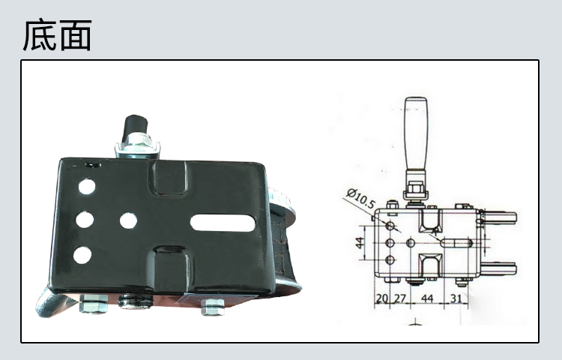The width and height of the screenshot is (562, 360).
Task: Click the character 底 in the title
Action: pyautogui.click(x=40, y=34)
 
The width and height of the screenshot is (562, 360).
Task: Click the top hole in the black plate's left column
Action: pyautogui.click(x=87, y=187)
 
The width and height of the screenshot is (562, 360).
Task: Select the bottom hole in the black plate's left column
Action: pyautogui.click(x=82, y=255)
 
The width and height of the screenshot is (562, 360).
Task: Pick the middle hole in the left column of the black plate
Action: pyautogui.click(x=85, y=220)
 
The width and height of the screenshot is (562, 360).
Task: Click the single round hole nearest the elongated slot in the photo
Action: pyautogui.click(x=128, y=221)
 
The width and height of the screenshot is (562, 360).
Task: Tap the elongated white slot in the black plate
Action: pyautogui.click(x=223, y=223)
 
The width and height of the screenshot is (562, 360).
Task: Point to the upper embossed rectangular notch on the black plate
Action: pyautogui.click(x=169, y=178)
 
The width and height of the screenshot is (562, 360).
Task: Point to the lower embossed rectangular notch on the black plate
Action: pyautogui.click(x=170, y=268)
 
